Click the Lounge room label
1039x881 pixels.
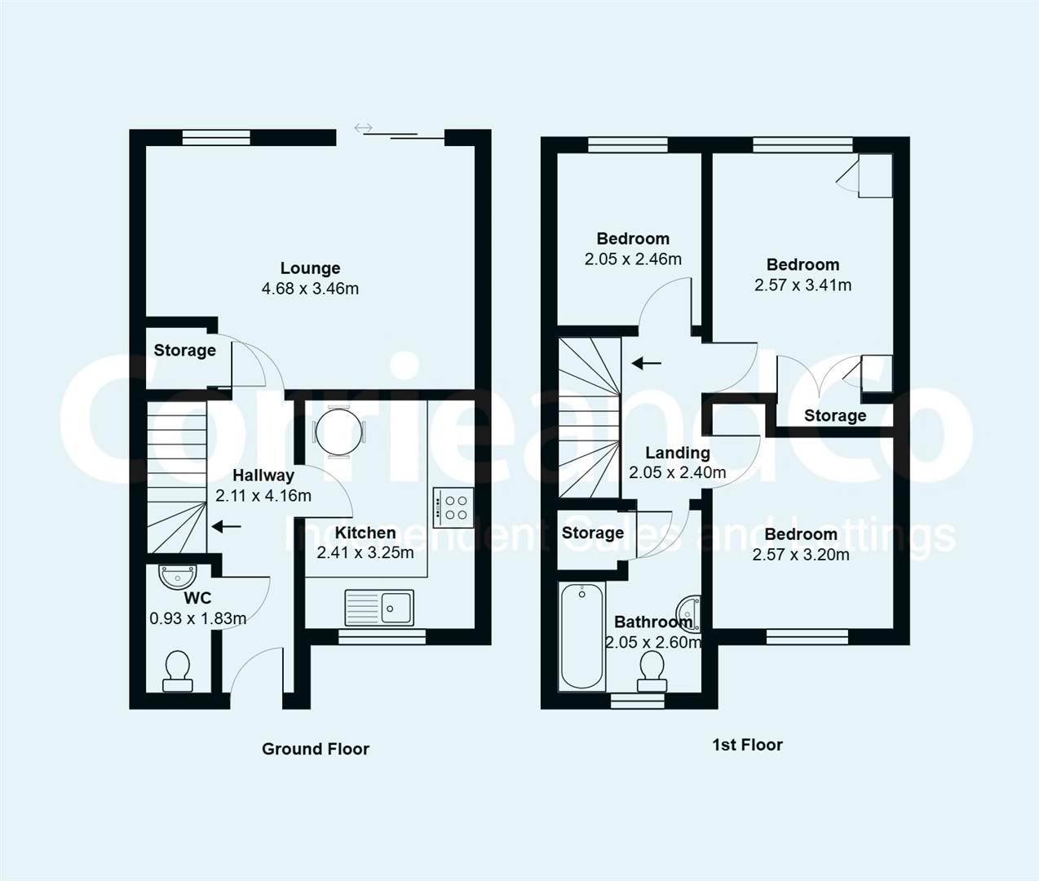tap(310, 268)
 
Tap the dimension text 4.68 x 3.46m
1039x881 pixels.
tap(310, 289)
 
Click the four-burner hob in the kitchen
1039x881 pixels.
tap(452, 503)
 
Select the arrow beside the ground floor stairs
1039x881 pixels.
tap(227, 527)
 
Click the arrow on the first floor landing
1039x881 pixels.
tap(648, 362)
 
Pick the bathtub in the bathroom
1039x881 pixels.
tap(581, 636)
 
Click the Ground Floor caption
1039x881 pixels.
tap(316, 749)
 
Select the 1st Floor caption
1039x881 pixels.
tap(747, 745)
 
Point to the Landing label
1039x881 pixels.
tap(678, 453)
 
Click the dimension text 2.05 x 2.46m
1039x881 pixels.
tap(633, 259)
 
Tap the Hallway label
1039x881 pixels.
tap(263, 476)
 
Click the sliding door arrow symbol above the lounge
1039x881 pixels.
tap(364, 128)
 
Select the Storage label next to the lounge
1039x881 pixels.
tap(185, 351)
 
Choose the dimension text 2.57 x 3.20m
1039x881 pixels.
tap(801, 555)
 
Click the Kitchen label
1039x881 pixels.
tap(365, 533)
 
